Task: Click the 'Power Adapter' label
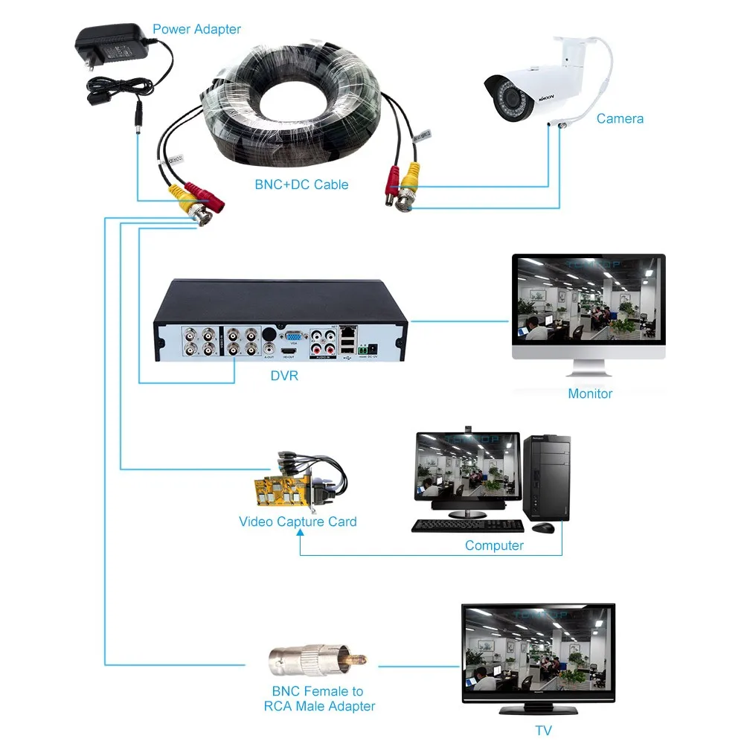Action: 196,30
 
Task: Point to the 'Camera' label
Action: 620,118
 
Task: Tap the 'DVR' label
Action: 284,376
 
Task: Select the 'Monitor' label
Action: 590,394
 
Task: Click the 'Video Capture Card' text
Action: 298,522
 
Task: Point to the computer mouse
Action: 543,527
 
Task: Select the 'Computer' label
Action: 494,545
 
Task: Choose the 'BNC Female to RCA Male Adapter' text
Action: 319,699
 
